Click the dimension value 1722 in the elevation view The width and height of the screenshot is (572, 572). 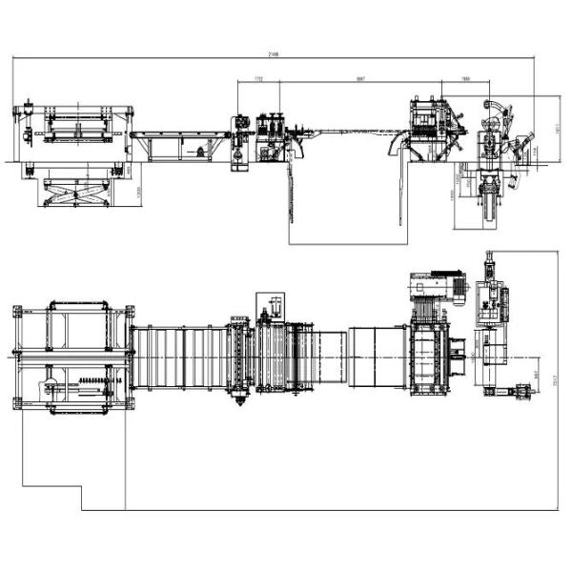point(258,79)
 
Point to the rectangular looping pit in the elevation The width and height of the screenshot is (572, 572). point(344,205)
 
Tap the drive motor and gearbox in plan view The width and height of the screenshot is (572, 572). point(428,285)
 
